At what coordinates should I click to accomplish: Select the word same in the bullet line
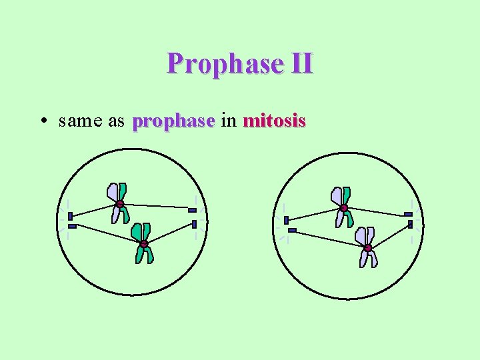pos(78,121)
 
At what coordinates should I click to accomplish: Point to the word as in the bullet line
pos(115,121)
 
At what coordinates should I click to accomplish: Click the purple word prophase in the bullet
pos(173,122)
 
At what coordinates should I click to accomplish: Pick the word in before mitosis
pos(228,121)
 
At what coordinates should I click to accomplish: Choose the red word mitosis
pos(274,121)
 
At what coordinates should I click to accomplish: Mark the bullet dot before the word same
pos(43,122)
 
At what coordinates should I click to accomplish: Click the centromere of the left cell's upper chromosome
pos(119,204)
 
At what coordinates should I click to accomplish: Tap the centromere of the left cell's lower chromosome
pos(143,244)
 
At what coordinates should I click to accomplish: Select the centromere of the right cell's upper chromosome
pos(344,208)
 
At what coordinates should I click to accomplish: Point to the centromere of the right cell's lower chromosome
pos(367,248)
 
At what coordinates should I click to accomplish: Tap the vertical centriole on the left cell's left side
pos(69,216)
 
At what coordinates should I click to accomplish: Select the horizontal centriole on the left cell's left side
pos(72,227)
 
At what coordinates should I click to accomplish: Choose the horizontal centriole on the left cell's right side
pos(192,211)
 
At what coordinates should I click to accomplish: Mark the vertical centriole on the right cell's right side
pos(411,224)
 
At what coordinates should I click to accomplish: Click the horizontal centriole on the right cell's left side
pos(292,231)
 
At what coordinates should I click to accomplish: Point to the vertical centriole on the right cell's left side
pos(286,220)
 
